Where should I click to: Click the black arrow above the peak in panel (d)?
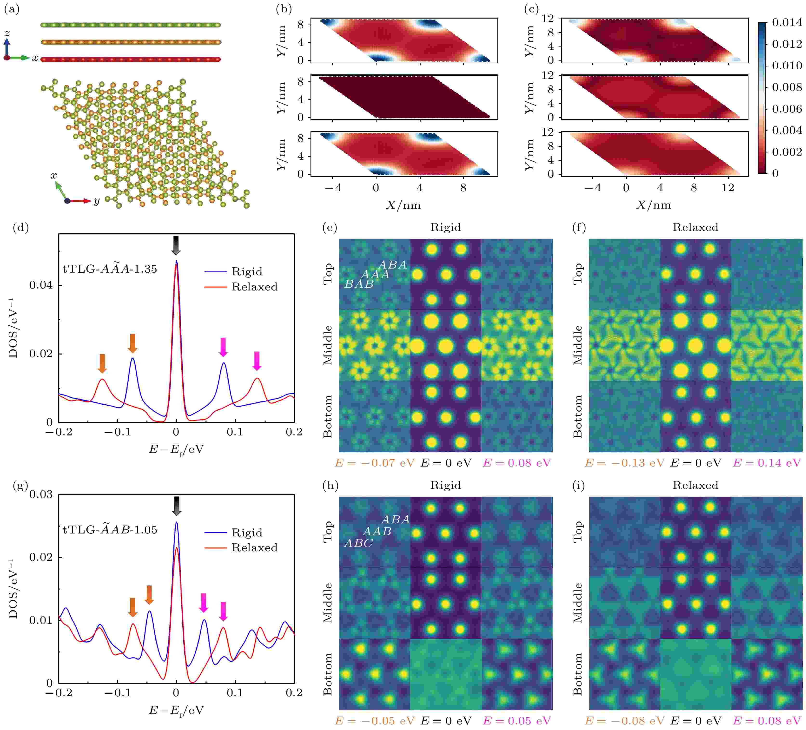pyautogui.click(x=176, y=245)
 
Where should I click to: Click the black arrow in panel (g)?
pyautogui.click(x=176, y=506)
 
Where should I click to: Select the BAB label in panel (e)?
pyautogui.click(x=359, y=284)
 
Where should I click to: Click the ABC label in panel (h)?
pyautogui.click(x=358, y=543)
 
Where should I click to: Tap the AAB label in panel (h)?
pyautogui.click(x=377, y=531)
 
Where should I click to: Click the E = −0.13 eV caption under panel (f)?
pyautogui.click(x=624, y=463)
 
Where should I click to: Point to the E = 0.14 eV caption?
pyautogui.click(x=766, y=463)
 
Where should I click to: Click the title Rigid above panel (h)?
pyautogui.click(x=445, y=485)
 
